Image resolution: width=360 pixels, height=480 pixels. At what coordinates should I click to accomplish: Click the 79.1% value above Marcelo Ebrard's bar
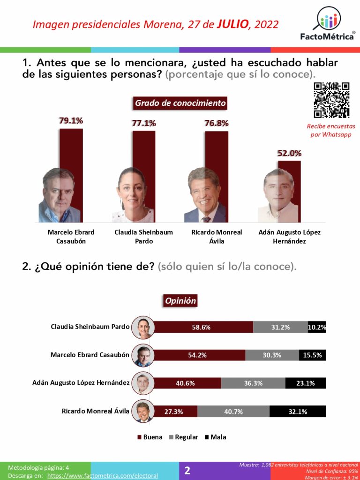71,121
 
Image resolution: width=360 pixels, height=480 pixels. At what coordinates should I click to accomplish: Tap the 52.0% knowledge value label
289,153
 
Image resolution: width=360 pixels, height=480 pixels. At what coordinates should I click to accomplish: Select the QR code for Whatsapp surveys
331,100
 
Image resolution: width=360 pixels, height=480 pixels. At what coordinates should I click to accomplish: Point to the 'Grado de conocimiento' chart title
180,103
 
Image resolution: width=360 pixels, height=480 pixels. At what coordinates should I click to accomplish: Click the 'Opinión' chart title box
180,301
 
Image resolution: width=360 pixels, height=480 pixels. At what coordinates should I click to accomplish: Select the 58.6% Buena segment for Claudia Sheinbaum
201,327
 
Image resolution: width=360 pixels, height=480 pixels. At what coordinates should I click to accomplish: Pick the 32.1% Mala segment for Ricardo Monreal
297,412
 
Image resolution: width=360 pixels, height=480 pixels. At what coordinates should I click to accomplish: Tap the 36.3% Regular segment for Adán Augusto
253,383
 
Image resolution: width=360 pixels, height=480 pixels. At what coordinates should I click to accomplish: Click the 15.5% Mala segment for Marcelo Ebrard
312,355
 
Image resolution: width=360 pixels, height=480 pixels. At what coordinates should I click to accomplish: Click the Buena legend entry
150,437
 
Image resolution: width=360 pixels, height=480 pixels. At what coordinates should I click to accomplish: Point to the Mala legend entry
215,437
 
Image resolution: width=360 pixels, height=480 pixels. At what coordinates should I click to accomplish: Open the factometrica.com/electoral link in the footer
103,475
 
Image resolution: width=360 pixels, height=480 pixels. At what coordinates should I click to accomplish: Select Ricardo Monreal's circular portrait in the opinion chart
142,412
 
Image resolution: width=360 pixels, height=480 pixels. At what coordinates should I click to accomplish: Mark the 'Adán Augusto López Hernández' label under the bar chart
289,237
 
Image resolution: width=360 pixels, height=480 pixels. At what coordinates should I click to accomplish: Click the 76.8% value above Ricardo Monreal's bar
217,123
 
